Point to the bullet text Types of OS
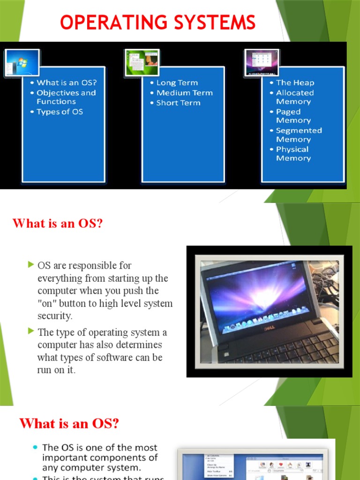[60, 112]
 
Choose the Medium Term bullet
[184, 93]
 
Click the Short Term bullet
[178, 103]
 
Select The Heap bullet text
[295, 82]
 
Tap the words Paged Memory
[293, 116]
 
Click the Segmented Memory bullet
[299, 135]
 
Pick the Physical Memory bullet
[292, 154]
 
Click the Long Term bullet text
[177, 82]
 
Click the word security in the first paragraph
[55, 316]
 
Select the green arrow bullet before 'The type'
[31, 331]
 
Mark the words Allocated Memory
[295, 97]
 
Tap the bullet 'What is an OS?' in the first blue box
[66, 82]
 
